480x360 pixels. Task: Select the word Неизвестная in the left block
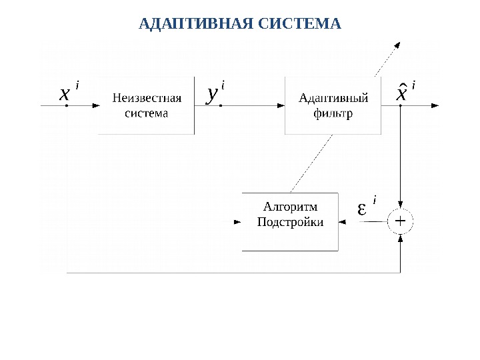coord(147,99)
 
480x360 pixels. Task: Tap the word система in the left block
coord(147,113)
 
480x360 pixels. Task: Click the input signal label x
coord(64,94)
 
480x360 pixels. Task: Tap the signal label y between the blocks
coord(212,94)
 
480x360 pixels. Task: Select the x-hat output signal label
coord(401,93)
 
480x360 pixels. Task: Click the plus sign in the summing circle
coord(401,221)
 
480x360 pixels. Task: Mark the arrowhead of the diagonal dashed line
coord(397,45)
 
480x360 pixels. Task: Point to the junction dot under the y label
coord(221,105)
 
